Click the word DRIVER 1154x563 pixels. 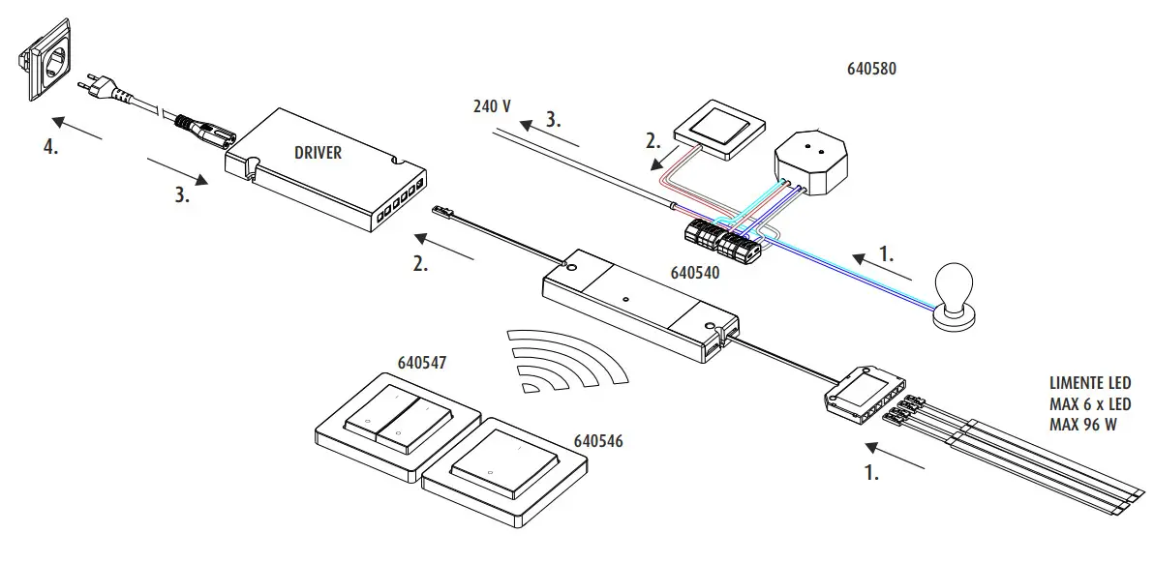point(318,152)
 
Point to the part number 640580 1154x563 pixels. point(872,70)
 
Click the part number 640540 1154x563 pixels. point(694,274)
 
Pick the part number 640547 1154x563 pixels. point(421,364)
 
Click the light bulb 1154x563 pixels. point(955,295)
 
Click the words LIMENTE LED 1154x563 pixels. point(1089,384)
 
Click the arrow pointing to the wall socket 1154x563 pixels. point(77,129)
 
